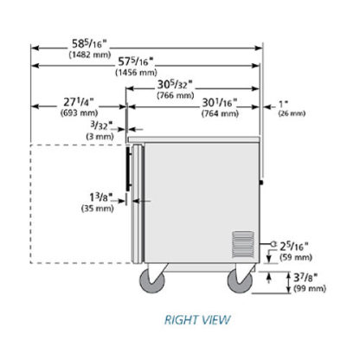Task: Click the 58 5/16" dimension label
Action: tap(89, 44)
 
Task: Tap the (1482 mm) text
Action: tap(90, 55)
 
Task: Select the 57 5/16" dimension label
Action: tap(136, 61)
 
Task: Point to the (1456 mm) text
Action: tap(136, 72)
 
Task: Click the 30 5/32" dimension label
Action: tap(175, 85)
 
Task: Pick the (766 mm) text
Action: tap(176, 95)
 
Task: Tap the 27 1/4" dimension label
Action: tap(79, 102)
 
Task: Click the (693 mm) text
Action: tap(79, 112)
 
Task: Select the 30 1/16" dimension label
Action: tap(220, 103)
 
